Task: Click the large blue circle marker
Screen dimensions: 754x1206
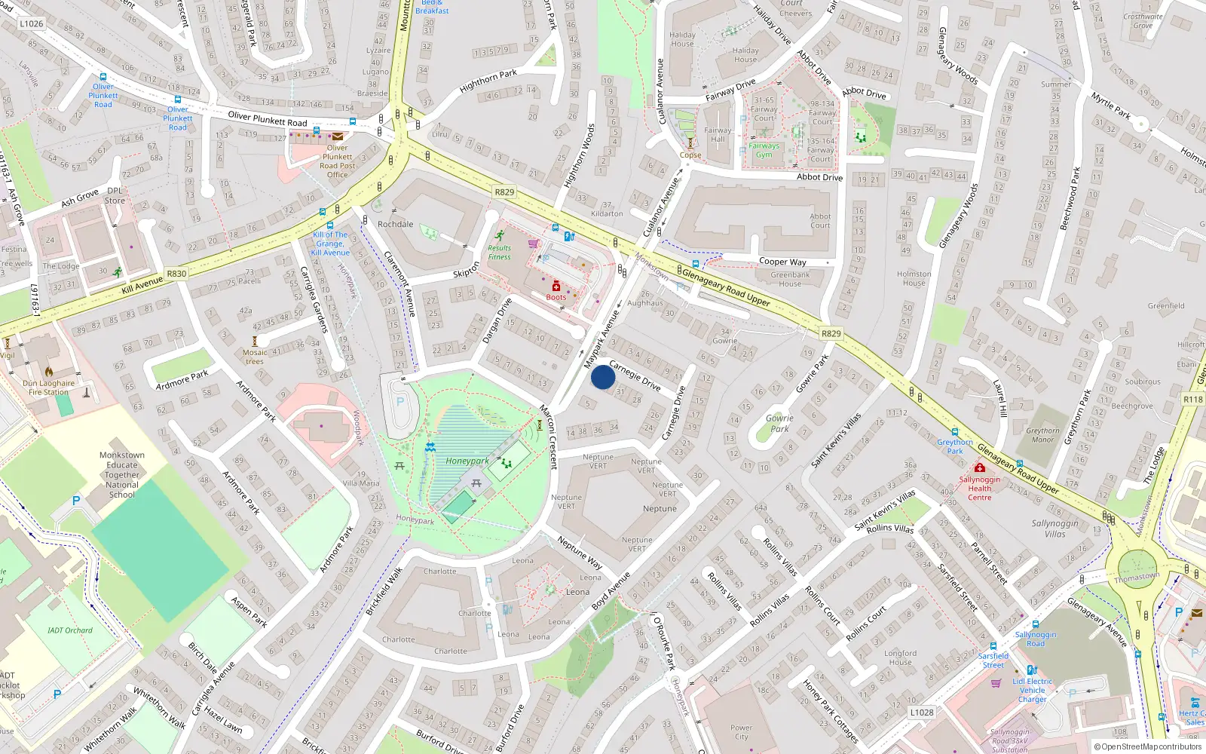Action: pos(603,377)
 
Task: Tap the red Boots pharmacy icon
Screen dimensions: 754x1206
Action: pos(556,286)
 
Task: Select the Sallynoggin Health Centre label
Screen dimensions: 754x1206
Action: pos(980,488)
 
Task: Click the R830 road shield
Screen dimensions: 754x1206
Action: pos(176,274)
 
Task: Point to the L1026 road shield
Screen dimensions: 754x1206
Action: pos(32,23)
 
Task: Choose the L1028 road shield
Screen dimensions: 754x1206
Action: pos(921,712)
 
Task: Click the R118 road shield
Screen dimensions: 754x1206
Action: pos(1192,400)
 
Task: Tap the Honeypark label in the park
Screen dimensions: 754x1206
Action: pos(467,461)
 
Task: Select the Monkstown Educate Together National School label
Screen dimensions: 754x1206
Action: pos(122,475)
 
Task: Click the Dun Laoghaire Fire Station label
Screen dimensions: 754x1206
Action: pos(49,388)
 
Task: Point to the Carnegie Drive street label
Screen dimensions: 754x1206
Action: pos(635,375)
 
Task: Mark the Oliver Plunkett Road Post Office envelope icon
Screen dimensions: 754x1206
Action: pos(338,136)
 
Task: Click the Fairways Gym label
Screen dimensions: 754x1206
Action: pos(764,150)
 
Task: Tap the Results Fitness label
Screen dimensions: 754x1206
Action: pos(499,253)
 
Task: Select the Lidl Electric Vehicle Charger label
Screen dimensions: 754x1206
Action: pos(1033,690)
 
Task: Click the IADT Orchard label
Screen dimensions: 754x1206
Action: pos(70,630)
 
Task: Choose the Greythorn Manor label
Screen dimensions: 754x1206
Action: pos(1042,435)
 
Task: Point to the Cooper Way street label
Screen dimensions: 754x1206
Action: pos(782,262)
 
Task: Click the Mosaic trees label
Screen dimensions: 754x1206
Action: pos(255,357)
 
